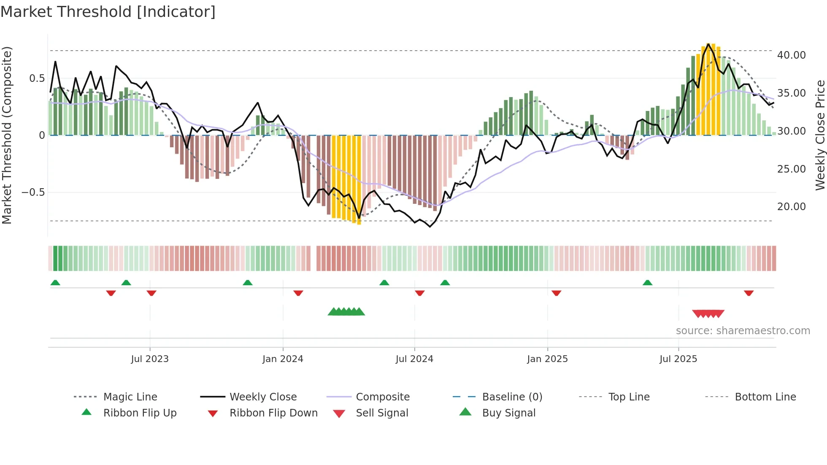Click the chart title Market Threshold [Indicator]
click(108, 12)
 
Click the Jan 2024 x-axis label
click(283, 359)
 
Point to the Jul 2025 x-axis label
click(678, 359)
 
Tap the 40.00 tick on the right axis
click(792, 55)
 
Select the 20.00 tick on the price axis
click(792, 207)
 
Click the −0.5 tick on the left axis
click(33, 192)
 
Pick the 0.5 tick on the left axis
click(37, 78)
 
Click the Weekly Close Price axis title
click(820, 135)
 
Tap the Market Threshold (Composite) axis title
click(7, 135)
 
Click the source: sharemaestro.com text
click(743, 331)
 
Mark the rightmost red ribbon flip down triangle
click(749, 293)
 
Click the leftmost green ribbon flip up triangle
click(55, 283)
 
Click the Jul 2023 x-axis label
click(149, 359)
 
